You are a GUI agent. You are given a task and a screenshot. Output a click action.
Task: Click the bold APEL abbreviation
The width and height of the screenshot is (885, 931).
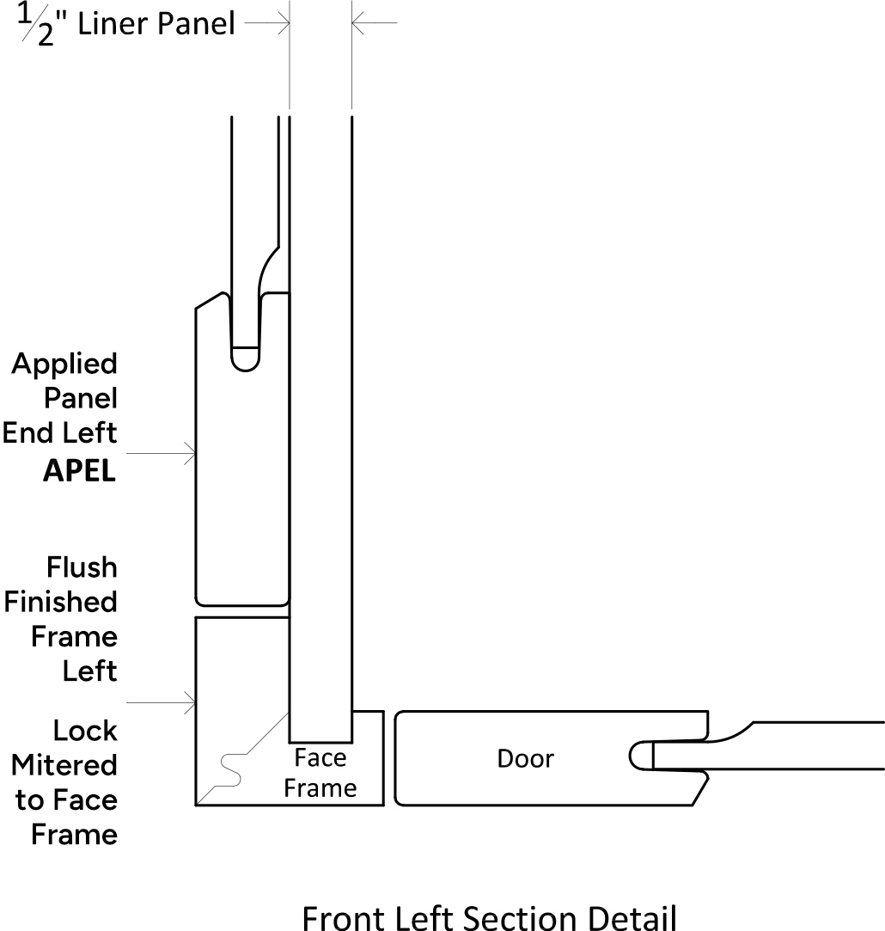(80, 471)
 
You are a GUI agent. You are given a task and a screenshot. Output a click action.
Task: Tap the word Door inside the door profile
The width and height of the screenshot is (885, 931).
(525, 759)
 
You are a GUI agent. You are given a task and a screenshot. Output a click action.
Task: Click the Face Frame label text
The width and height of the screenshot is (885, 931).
(320, 773)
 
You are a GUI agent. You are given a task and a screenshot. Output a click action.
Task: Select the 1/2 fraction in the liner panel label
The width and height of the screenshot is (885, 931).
(36, 24)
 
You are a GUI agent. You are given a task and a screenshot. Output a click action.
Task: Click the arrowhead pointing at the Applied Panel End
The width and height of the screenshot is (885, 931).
(190, 454)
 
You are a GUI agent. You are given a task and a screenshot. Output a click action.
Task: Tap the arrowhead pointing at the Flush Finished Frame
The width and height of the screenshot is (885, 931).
(190, 703)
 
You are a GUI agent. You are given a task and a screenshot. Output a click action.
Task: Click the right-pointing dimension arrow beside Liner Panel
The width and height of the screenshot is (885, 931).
(267, 23)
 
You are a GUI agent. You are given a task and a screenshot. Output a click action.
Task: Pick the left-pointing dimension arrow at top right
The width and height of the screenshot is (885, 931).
(375, 23)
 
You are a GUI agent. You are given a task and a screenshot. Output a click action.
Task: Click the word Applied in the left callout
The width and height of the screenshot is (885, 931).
(64, 364)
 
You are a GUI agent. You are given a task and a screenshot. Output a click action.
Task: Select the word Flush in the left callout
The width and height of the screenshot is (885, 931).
(82, 567)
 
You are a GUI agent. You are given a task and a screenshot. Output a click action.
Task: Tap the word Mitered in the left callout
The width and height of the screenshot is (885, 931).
(64, 765)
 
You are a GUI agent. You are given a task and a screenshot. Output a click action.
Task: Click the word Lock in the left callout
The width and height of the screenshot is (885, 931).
(85, 731)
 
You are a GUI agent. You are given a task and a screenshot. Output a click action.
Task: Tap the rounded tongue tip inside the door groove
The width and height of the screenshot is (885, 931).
(641, 756)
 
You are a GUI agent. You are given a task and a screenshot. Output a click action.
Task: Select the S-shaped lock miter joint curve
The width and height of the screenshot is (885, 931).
(231, 770)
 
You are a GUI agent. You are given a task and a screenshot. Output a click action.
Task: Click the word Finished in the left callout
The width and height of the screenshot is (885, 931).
(60, 602)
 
